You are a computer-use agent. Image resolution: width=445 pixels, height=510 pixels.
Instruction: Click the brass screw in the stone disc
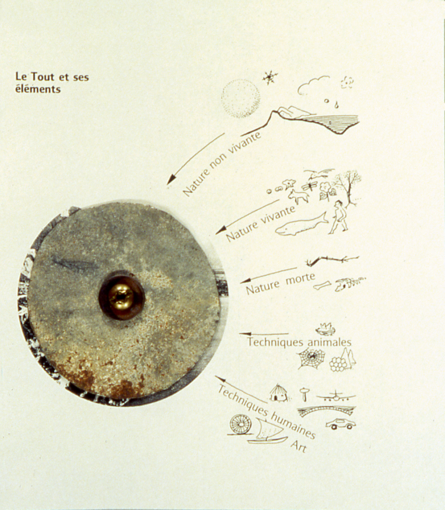coord(121,297)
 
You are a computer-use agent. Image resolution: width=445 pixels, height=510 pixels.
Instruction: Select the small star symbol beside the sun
coord(270,78)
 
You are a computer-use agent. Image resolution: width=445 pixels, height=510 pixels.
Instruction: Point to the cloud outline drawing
coord(313,85)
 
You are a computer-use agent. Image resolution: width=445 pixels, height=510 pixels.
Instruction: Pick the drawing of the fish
coord(301,225)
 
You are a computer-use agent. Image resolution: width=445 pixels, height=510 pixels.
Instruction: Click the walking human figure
coord(338,217)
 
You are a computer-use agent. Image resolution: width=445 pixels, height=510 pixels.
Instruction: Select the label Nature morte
coord(280,283)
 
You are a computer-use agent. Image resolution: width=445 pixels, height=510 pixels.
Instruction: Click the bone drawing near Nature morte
coord(322,285)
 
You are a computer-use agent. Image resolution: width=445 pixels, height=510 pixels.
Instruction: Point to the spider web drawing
coord(312,359)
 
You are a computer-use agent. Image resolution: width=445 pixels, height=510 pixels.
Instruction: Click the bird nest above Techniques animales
coord(326,329)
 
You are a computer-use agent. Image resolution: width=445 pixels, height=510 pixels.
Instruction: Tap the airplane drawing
coord(336,396)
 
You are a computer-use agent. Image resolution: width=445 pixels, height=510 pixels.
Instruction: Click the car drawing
coord(340,424)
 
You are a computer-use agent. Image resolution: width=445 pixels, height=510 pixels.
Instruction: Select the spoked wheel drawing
coord(240,424)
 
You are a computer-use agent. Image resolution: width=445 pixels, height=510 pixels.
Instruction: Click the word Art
coord(298,446)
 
